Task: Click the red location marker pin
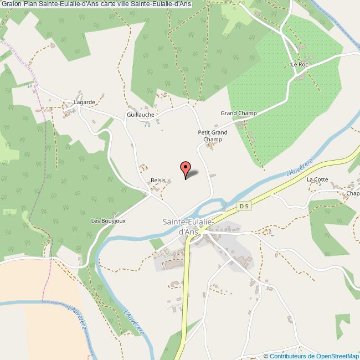(186, 169)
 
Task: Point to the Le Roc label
(299, 65)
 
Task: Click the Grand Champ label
(239, 114)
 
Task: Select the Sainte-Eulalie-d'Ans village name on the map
(186, 225)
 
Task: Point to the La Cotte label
(318, 179)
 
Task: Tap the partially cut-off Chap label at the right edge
(353, 194)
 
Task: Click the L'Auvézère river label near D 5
(300, 166)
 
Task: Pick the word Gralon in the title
(12, 4)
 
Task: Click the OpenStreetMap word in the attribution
(337, 356)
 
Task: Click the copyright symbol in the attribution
(266, 356)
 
